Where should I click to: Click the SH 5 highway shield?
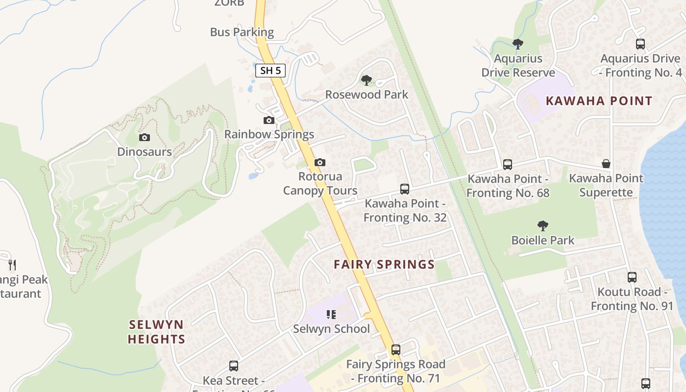coord(270,71)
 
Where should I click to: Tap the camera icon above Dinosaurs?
coord(144,138)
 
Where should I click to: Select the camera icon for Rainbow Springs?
coord(269,120)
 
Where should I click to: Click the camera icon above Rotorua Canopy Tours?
coord(320,162)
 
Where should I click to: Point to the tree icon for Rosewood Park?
coord(366,80)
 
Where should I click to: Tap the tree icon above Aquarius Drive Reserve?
coord(518,44)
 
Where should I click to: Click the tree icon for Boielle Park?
coord(542,226)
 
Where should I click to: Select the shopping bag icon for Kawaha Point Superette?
coord(606,164)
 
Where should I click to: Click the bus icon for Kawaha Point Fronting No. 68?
coord(508,164)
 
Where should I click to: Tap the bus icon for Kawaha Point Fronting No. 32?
coord(405,189)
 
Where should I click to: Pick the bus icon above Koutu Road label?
coord(632,277)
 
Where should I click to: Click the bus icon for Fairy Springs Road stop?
coord(396,350)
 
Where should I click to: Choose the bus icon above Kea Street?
coord(234,366)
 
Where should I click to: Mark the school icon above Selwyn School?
coord(331,314)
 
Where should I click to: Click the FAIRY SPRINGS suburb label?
coord(384,265)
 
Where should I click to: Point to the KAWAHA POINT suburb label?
coord(599,101)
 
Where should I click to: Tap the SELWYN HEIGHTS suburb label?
coord(156,332)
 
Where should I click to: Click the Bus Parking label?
coord(242,32)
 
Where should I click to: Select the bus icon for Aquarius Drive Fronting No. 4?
coord(640,44)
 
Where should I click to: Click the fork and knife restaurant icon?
coord(12,265)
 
